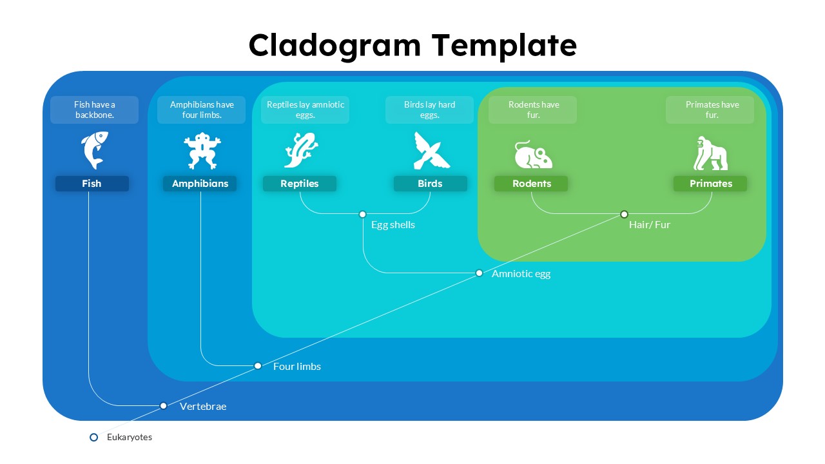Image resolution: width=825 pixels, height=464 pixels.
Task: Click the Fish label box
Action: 92,184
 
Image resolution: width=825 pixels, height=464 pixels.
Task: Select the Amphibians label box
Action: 200,184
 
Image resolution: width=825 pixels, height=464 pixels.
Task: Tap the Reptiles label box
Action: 300,184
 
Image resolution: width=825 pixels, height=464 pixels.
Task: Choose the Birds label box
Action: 430,184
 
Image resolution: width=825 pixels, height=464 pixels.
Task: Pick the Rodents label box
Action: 531,184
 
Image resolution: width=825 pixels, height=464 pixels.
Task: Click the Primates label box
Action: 710,184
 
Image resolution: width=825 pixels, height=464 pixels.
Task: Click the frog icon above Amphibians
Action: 202,151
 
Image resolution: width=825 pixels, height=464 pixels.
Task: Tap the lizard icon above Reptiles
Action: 300,150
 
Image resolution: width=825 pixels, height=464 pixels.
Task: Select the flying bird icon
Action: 431,151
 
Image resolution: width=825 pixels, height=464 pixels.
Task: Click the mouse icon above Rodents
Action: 533,155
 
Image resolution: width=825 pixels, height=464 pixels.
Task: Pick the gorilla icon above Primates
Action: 710,153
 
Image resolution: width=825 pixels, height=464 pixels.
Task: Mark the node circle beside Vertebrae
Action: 164,405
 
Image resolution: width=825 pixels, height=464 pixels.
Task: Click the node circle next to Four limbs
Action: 258,365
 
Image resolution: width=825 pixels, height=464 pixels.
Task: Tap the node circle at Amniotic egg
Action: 479,273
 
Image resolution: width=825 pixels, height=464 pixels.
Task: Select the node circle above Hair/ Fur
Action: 624,214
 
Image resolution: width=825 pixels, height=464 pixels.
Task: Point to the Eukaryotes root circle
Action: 94,437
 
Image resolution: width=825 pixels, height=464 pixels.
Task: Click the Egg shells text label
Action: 393,225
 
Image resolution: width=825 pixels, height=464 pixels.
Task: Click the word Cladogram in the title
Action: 335,46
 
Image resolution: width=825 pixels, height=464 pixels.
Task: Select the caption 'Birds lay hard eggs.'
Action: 429,110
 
